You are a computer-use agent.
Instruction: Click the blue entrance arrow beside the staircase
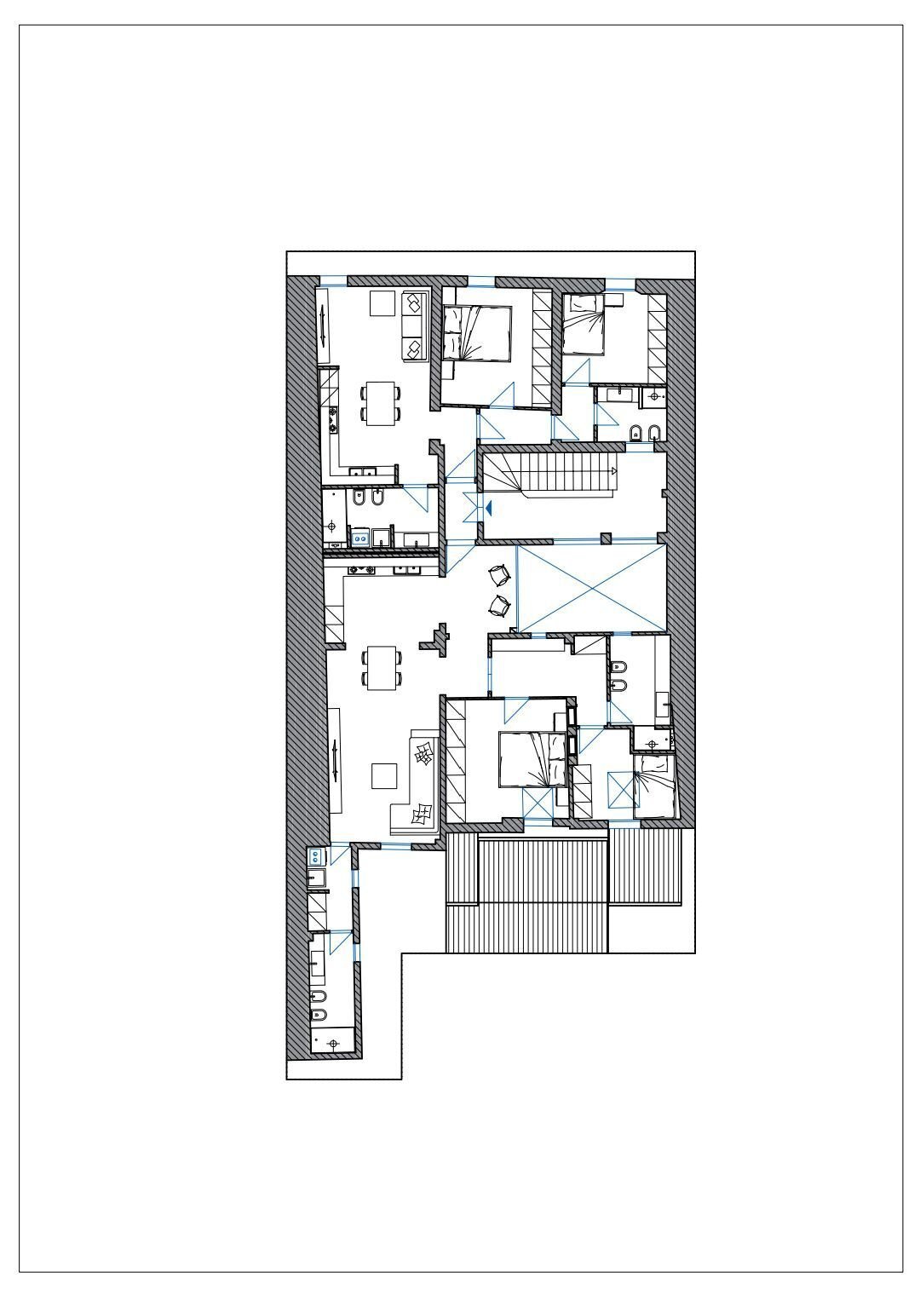(489, 507)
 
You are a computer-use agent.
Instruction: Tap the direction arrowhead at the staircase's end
(613, 470)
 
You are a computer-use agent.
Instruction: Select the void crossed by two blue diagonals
(592, 589)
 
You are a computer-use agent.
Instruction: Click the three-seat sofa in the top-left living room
(413, 326)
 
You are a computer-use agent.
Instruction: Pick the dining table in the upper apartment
(381, 403)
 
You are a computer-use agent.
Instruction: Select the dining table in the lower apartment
(381, 668)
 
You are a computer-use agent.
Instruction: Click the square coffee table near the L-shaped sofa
(384, 775)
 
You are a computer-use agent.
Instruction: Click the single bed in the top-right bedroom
(584, 325)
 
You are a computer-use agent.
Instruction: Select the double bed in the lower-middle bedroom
(532, 757)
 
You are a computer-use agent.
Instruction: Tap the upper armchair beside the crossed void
(500, 577)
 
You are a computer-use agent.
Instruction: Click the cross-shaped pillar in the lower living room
(435, 639)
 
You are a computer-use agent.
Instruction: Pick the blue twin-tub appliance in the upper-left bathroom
(359, 537)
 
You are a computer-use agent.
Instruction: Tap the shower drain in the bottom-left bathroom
(331, 1041)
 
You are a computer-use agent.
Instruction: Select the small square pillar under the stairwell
(605, 538)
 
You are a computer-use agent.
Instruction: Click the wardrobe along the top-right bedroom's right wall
(657, 338)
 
